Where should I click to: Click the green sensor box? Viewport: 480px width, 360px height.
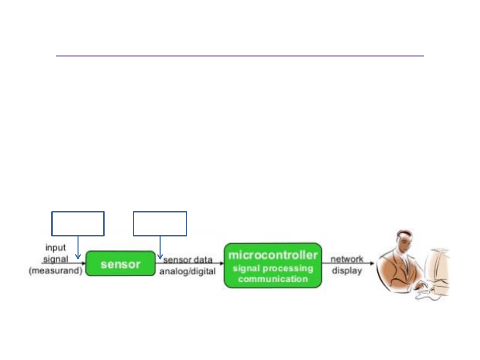click(x=121, y=263)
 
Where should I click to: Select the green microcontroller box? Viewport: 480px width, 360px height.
click(x=273, y=265)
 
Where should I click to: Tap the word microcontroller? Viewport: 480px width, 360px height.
click(x=273, y=255)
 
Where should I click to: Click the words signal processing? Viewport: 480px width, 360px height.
click(x=273, y=269)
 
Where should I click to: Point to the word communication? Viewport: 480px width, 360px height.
click(x=273, y=279)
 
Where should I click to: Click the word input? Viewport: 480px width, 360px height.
click(x=56, y=248)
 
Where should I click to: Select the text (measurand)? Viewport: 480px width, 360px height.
click(x=56, y=271)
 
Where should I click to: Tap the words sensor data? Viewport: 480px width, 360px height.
click(x=188, y=260)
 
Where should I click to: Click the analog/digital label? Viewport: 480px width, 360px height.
click(x=188, y=271)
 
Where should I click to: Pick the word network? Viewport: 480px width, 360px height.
click(x=347, y=259)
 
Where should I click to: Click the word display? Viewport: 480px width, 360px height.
click(x=347, y=271)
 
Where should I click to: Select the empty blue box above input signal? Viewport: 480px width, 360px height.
click(x=78, y=211)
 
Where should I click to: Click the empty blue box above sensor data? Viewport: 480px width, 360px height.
click(x=160, y=211)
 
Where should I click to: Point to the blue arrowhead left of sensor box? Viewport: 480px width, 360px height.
click(x=78, y=257)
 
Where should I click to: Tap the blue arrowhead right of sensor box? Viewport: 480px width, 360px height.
click(x=160, y=257)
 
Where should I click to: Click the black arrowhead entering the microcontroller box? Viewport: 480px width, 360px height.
click(x=222, y=263)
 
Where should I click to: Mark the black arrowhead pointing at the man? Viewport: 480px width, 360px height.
click(x=372, y=263)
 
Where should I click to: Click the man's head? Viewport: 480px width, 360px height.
click(x=405, y=239)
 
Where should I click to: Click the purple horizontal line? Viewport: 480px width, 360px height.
click(x=240, y=56)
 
